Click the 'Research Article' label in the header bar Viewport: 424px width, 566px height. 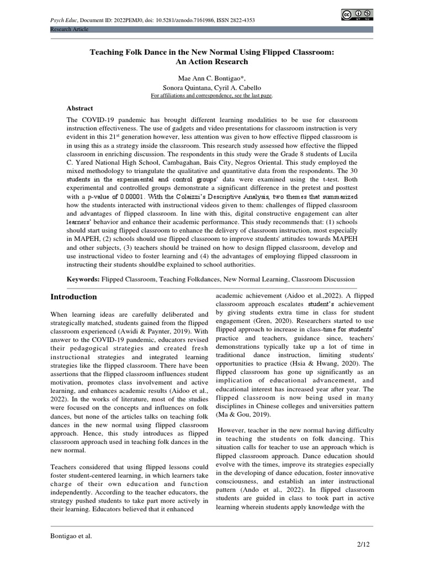coord(68,29)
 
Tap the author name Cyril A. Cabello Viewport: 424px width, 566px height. coord(239,87)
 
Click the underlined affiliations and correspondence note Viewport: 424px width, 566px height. coord(212,95)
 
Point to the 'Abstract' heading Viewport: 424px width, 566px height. coord(80,108)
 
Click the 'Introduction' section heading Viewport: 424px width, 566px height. coord(73,297)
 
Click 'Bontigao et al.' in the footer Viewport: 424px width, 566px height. coord(71,536)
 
